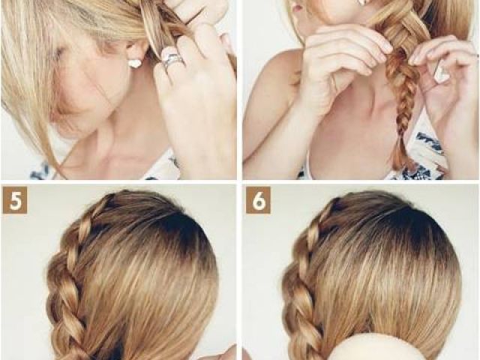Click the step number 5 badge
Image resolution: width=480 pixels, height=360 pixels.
(15, 200)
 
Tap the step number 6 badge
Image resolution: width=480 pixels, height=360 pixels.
(258, 200)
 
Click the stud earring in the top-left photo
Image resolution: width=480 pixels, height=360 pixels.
(133, 63)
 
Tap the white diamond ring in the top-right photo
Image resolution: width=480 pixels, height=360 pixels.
(441, 73)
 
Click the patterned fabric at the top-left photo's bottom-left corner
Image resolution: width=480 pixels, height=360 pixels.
(43, 171)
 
